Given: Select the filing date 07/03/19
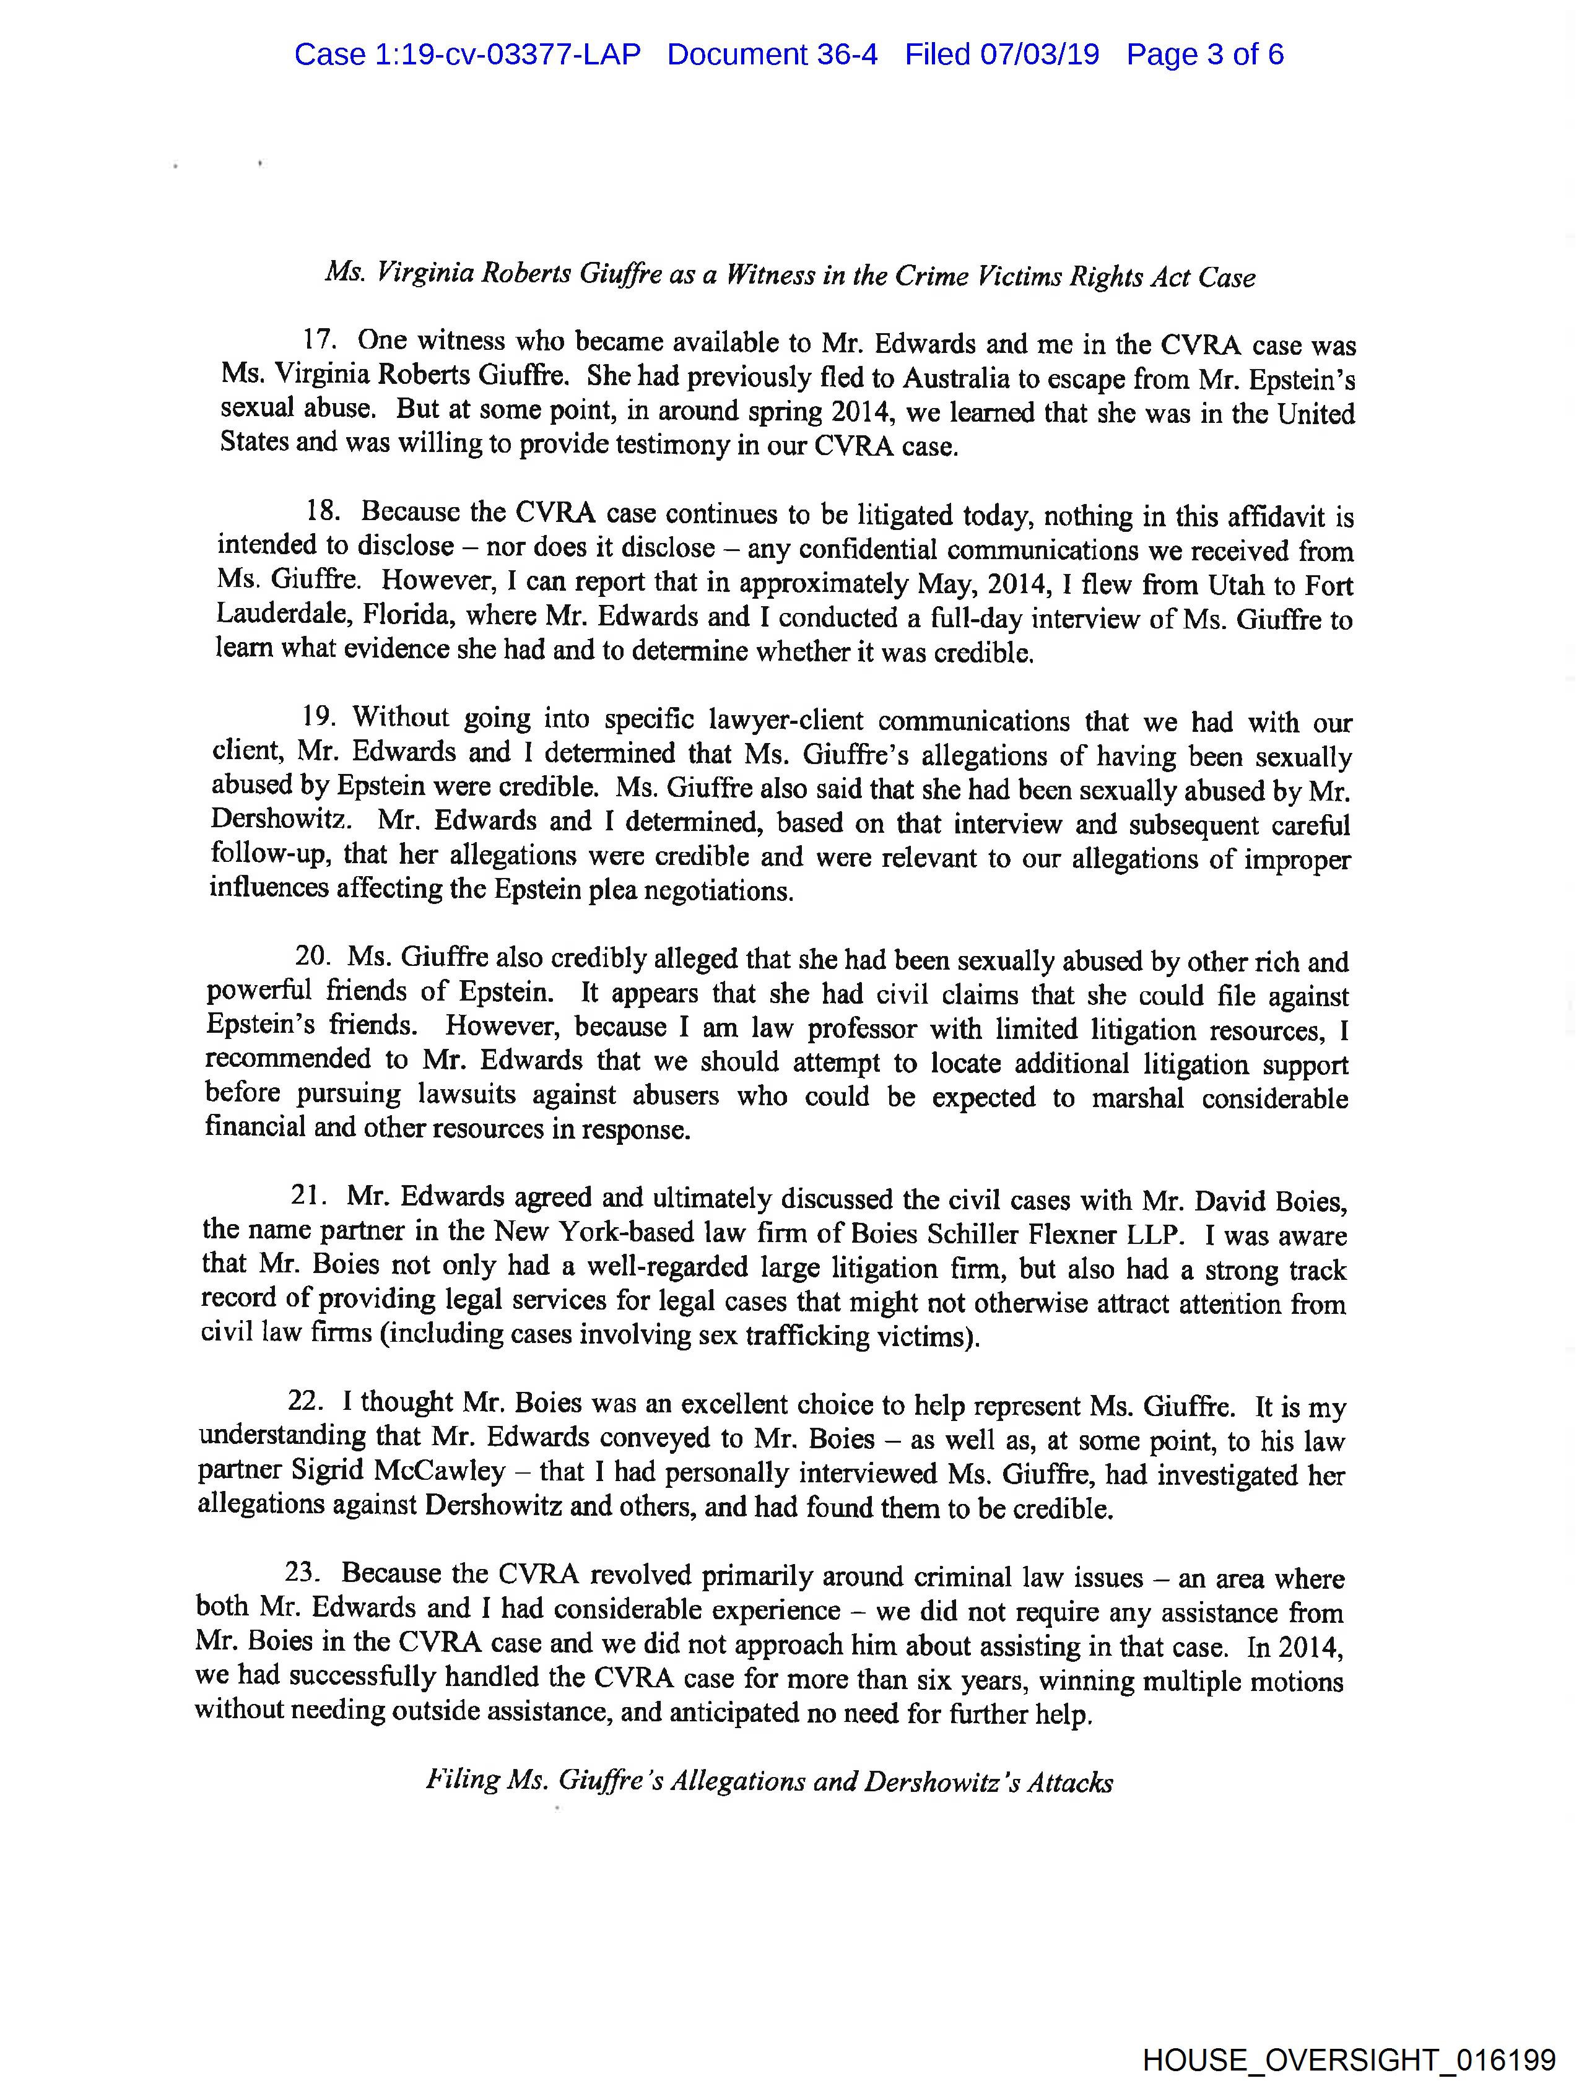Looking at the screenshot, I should (1040, 54).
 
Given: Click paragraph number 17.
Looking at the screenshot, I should (321, 339).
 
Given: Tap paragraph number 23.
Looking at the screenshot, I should (305, 1573).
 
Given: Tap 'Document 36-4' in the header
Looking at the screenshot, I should (772, 54).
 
